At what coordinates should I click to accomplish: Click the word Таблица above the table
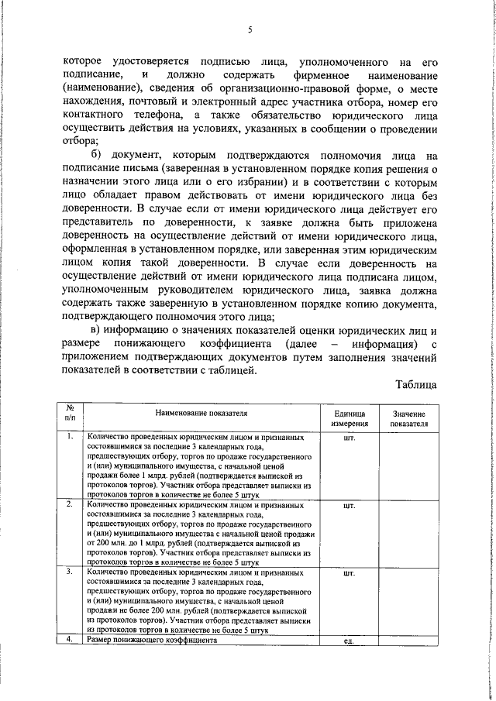(x=416, y=384)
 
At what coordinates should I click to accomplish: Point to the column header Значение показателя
(x=408, y=419)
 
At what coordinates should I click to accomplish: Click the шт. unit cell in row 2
(x=349, y=505)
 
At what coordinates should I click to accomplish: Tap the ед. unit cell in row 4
(x=349, y=641)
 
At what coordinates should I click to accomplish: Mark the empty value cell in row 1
(x=408, y=465)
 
